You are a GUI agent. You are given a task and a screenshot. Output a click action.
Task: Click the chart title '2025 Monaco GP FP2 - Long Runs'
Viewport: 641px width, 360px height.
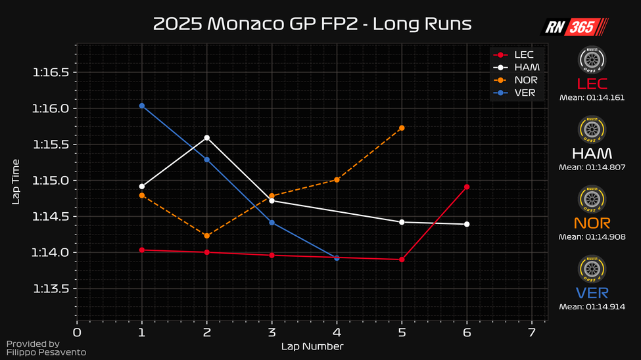[312, 24]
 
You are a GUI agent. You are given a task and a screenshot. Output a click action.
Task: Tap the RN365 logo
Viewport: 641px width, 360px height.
[574, 26]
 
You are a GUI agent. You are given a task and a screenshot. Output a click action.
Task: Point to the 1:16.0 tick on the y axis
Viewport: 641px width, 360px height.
[51, 108]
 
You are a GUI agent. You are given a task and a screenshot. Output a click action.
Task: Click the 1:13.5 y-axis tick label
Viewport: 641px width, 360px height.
[51, 289]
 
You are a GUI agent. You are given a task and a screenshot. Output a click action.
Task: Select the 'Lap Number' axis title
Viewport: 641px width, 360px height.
[312, 346]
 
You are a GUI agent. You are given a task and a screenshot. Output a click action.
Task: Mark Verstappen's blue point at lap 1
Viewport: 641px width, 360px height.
[142, 106]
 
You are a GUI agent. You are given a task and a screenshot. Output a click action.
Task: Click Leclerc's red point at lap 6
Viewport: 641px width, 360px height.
[467, 187]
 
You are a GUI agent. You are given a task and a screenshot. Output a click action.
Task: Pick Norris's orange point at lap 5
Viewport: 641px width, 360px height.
[402, 128]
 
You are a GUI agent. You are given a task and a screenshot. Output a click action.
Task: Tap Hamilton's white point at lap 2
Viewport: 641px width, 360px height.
[207, 138]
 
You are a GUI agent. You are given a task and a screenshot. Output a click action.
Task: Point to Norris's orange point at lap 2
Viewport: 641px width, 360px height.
[207, 236]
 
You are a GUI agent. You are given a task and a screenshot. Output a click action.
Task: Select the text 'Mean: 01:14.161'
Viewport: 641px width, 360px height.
[592, 97]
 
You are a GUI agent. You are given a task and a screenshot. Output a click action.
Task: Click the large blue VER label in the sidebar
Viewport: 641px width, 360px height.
[592, 293]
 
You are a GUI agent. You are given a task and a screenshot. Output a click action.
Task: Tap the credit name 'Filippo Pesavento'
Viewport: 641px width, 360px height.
[45, 353]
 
